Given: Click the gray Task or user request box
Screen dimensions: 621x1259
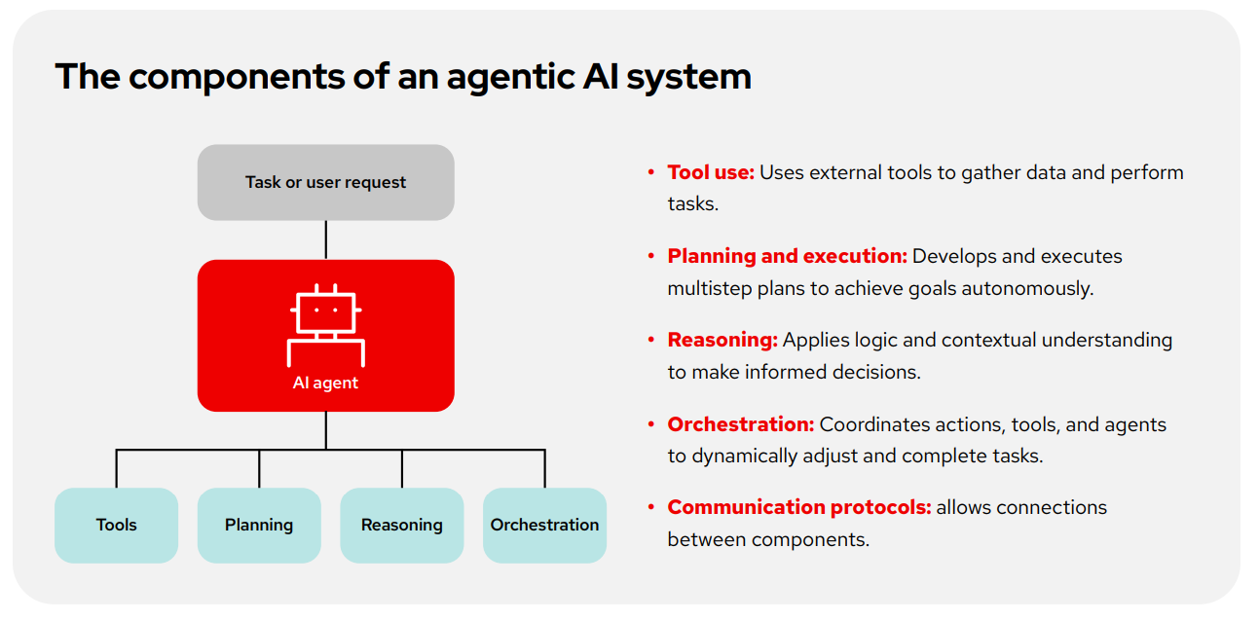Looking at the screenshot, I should point(325,182).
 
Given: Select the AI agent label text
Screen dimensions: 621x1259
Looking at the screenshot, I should point(325,383).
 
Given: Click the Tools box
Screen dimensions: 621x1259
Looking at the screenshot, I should point(116,525).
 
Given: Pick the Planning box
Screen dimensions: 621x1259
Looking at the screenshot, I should point(259,525).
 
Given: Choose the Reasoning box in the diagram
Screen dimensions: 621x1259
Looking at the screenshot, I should point(401,525).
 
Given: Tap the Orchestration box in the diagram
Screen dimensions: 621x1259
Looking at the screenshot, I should point(544,525).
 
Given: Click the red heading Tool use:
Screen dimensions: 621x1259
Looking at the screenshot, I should point(711,172).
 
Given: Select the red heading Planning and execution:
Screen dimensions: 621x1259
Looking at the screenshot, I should point(787,256).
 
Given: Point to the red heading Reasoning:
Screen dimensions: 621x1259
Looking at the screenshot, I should point(722,340).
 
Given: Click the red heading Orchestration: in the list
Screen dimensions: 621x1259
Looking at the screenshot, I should point(740,424).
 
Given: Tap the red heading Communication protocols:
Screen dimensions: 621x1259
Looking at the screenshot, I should point(798,507).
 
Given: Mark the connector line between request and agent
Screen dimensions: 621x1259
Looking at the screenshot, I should point(325,239).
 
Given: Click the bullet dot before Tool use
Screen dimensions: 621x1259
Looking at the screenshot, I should point(651,172).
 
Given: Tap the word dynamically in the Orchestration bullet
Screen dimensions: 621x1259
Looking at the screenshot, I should point(745,456).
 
